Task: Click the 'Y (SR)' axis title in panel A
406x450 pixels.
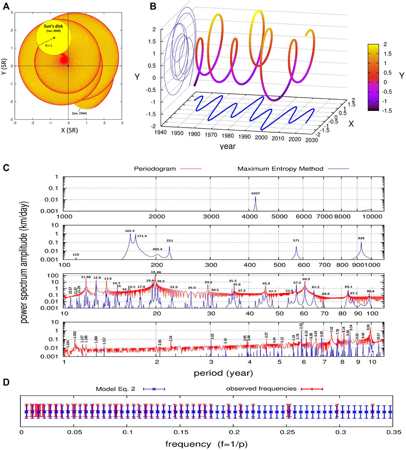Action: [x=4, y=66]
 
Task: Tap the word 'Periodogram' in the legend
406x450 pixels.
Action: [x=167, y=169]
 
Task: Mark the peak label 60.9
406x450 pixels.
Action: [x=306, y=279]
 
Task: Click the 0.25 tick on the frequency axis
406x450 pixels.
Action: [x=287, y=431]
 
